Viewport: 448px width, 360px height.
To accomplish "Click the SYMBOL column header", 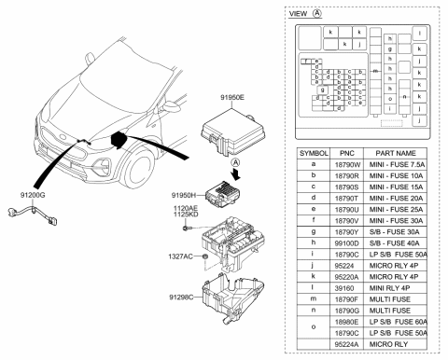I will pos(313,151).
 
